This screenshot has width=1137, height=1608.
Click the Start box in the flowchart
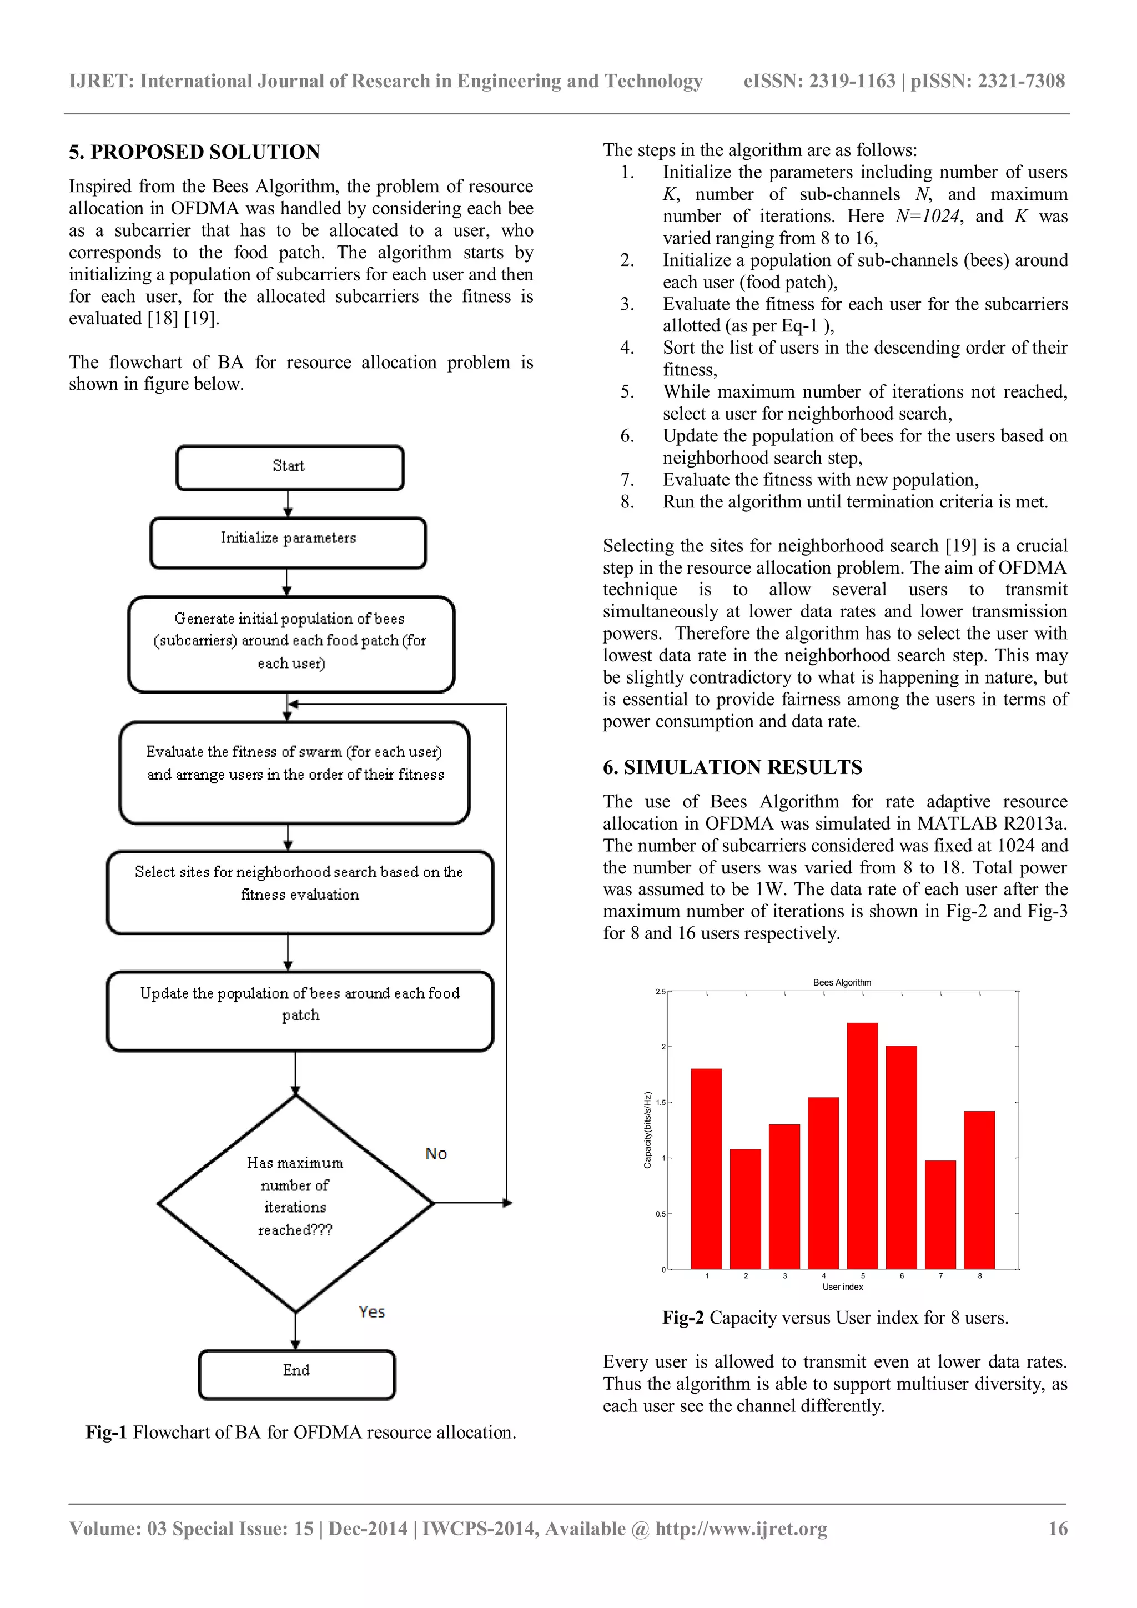(x=289, y=467)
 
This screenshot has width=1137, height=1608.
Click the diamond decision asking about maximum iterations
(x=295, y=1203)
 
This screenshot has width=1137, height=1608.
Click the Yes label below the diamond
(x=372, y=1311)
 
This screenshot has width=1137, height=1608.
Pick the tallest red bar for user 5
(x=862, y=1149)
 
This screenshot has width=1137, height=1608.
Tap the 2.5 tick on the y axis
(x=660, y=992)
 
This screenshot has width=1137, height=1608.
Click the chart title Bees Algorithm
(x=842, y=983)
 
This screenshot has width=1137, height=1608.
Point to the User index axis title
(x=842, y=1287)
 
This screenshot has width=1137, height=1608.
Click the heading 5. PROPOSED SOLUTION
(x=195, y=152)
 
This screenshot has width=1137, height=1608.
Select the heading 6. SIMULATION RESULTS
(x=732, y=767)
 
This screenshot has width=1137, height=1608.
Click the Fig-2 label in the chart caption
(x=683, y=1318)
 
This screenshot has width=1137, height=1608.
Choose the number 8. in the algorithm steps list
(x=627, y=501)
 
